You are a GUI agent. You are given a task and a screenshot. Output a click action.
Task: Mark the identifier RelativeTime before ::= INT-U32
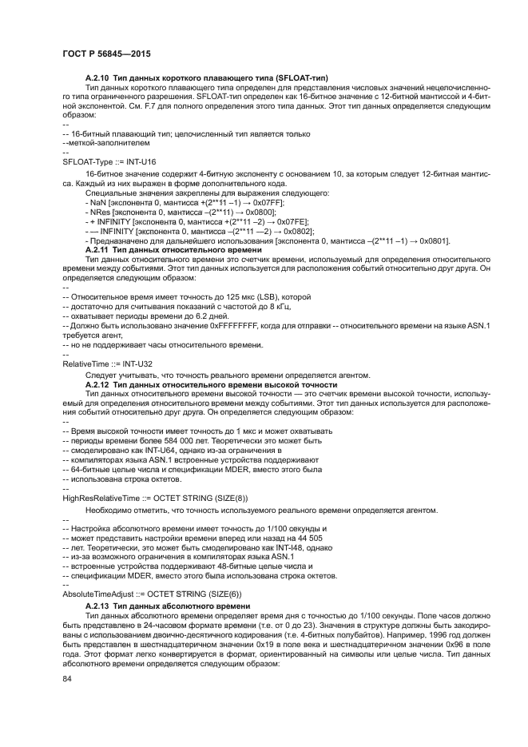[85, 363]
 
